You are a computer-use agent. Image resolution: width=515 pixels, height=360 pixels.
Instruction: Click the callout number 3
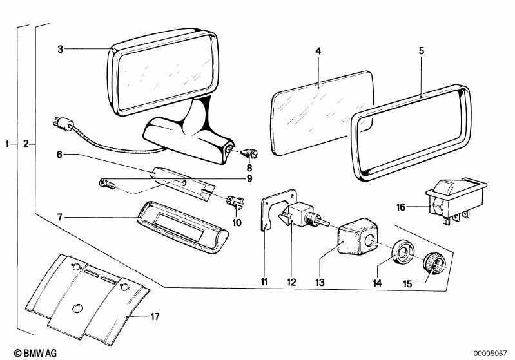[x=60, y=48]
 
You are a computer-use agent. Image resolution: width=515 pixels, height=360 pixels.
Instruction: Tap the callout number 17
[x=155, y=316]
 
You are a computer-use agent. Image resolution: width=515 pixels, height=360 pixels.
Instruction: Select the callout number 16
[x=401, y=207]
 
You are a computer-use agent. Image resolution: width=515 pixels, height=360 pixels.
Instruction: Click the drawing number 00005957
[x=492, y=352]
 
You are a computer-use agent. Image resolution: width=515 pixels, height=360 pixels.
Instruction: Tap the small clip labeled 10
[x=235, y=201]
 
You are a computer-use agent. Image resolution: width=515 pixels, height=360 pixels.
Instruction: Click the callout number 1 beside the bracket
[x=8, y=144]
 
